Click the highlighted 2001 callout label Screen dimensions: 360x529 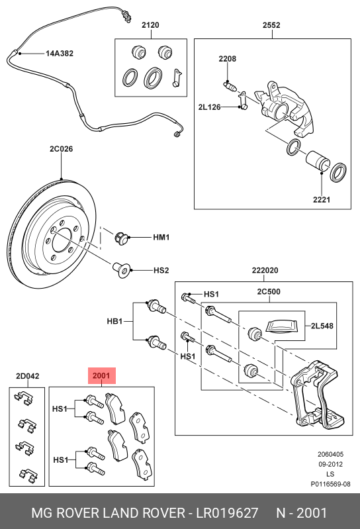tap(101, 375)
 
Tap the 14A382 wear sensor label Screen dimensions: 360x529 tap(60, 54)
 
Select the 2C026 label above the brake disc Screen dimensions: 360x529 tap(61, 149)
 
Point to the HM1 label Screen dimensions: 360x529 tap(161, 238)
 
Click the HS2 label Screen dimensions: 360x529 tap(161, 270)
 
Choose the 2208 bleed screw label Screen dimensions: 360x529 tap(227, 59)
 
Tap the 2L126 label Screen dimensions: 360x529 tap(209, 107)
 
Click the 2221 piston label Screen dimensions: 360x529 tap(322, 200)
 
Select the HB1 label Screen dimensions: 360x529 tap(114, 321)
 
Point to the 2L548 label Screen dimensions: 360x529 tap(322, 326)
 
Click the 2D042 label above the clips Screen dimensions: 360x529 tap(27, 376)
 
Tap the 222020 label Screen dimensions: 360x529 tap(265, 271)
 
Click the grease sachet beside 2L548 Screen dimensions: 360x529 tap(281, 326)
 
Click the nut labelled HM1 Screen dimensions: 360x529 tap(121, 238)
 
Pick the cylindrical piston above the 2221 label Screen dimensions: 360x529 tap(317, 161)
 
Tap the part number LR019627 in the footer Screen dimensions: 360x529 tap(227, 513)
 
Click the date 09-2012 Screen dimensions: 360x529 tap(330, 464)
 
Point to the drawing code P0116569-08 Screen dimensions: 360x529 tap(330, 484)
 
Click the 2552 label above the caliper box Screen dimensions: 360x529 tap(271, 25)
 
